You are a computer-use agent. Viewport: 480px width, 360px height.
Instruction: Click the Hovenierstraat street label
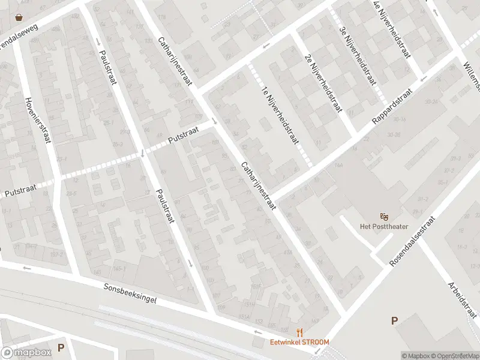click(x=37, y=121)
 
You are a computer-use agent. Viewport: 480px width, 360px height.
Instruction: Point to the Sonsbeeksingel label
click(x=130, y=294)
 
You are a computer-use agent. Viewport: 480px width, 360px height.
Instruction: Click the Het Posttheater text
click(x=384, y=226)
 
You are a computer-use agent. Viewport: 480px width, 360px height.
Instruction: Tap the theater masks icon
click(x=384, y=216)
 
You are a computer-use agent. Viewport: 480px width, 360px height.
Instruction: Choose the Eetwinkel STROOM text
click(x=299, y=342)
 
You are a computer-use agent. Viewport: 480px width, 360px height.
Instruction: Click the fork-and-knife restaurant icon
click(x=299, y=332)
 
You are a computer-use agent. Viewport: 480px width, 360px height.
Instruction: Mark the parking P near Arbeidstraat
click(x=394, y=320)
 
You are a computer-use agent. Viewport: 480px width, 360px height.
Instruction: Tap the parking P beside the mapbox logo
click(x=61, y=347)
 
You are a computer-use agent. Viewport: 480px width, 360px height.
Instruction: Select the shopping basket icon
click(x=20, y=17)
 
